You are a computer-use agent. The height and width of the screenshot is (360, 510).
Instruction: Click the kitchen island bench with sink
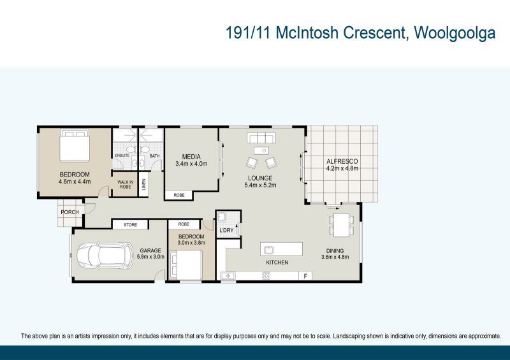280,248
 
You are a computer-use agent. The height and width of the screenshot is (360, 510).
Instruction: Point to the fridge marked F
307,275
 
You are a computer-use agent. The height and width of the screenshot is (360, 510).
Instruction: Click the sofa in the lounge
261,138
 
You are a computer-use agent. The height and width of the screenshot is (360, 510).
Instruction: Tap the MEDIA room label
191,157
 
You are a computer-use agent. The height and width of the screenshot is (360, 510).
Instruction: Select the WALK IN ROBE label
124,185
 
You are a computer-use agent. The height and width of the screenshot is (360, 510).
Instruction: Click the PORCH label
69,212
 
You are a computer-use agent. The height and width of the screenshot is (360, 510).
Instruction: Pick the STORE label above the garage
131,224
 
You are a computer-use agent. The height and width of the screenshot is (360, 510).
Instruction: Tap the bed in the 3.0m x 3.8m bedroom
186,264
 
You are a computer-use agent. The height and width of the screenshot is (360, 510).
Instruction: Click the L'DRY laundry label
226,230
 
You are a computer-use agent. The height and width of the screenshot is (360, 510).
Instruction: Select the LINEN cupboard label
144,184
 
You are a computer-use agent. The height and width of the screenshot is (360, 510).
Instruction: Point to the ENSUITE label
122,155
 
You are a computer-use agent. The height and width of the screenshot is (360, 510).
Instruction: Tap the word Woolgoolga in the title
455,34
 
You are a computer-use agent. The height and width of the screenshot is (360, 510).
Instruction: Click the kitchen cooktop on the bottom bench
266,275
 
